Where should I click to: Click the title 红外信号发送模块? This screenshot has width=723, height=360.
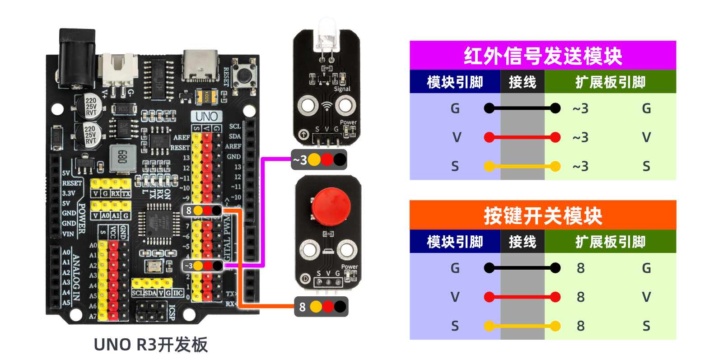tap(542, 56)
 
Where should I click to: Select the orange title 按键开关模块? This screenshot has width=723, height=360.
tap(542, 215)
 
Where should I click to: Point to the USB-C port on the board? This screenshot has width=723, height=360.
tap(201, 65)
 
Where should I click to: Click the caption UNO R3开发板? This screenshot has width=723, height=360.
tap(150, 345)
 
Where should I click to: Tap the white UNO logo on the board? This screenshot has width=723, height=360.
tap(206, 117)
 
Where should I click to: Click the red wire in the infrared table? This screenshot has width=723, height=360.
tap(522, 137)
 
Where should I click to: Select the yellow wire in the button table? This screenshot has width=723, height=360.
tap(522, 326)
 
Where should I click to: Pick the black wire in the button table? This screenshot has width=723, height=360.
tap(522, 268)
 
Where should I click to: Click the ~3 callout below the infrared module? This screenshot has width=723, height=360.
tap(319, 159)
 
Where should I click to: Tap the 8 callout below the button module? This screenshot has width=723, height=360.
tap(321, 307)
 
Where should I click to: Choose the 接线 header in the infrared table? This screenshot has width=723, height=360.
tap(522, 82)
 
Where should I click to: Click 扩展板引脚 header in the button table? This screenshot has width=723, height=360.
tap(610, 242)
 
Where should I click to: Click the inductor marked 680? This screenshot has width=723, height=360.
tap(122, 158)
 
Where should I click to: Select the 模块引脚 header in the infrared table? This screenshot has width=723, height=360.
tap(455, 82)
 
